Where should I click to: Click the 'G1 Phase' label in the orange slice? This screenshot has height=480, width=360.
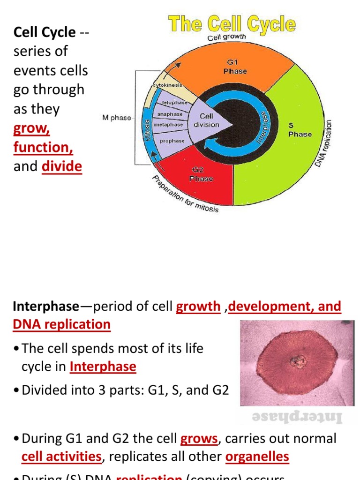[x=235, y=67]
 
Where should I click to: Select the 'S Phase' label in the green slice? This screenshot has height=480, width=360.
[x=300, y=130]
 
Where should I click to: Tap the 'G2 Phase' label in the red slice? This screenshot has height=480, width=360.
[x=201, y=174]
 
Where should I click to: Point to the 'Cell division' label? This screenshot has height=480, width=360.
[x=206, y=120]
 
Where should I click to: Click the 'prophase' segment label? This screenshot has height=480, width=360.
[x=172, y=141]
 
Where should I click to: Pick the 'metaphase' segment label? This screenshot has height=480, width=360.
[x=168, y=125]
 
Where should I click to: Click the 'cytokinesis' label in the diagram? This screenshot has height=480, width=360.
[x=167, y=86]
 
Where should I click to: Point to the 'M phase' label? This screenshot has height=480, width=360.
[x=117, y=118]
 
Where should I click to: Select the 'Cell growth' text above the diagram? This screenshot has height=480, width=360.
[x=227, y=37]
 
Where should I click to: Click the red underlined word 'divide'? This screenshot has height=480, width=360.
[x=61, y=166]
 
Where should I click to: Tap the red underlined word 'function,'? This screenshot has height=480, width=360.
[x=43, y=147]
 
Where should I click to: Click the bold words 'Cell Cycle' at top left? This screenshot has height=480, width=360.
[x=45, y=32]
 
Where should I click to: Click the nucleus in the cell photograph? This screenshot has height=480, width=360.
[x=297, y=361]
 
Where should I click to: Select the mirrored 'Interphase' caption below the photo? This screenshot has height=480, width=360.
[x=298, y=417]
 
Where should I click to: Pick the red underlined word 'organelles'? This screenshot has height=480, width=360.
[x=257, y=457]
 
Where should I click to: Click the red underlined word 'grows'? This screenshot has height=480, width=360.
[x=199, y=439]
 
